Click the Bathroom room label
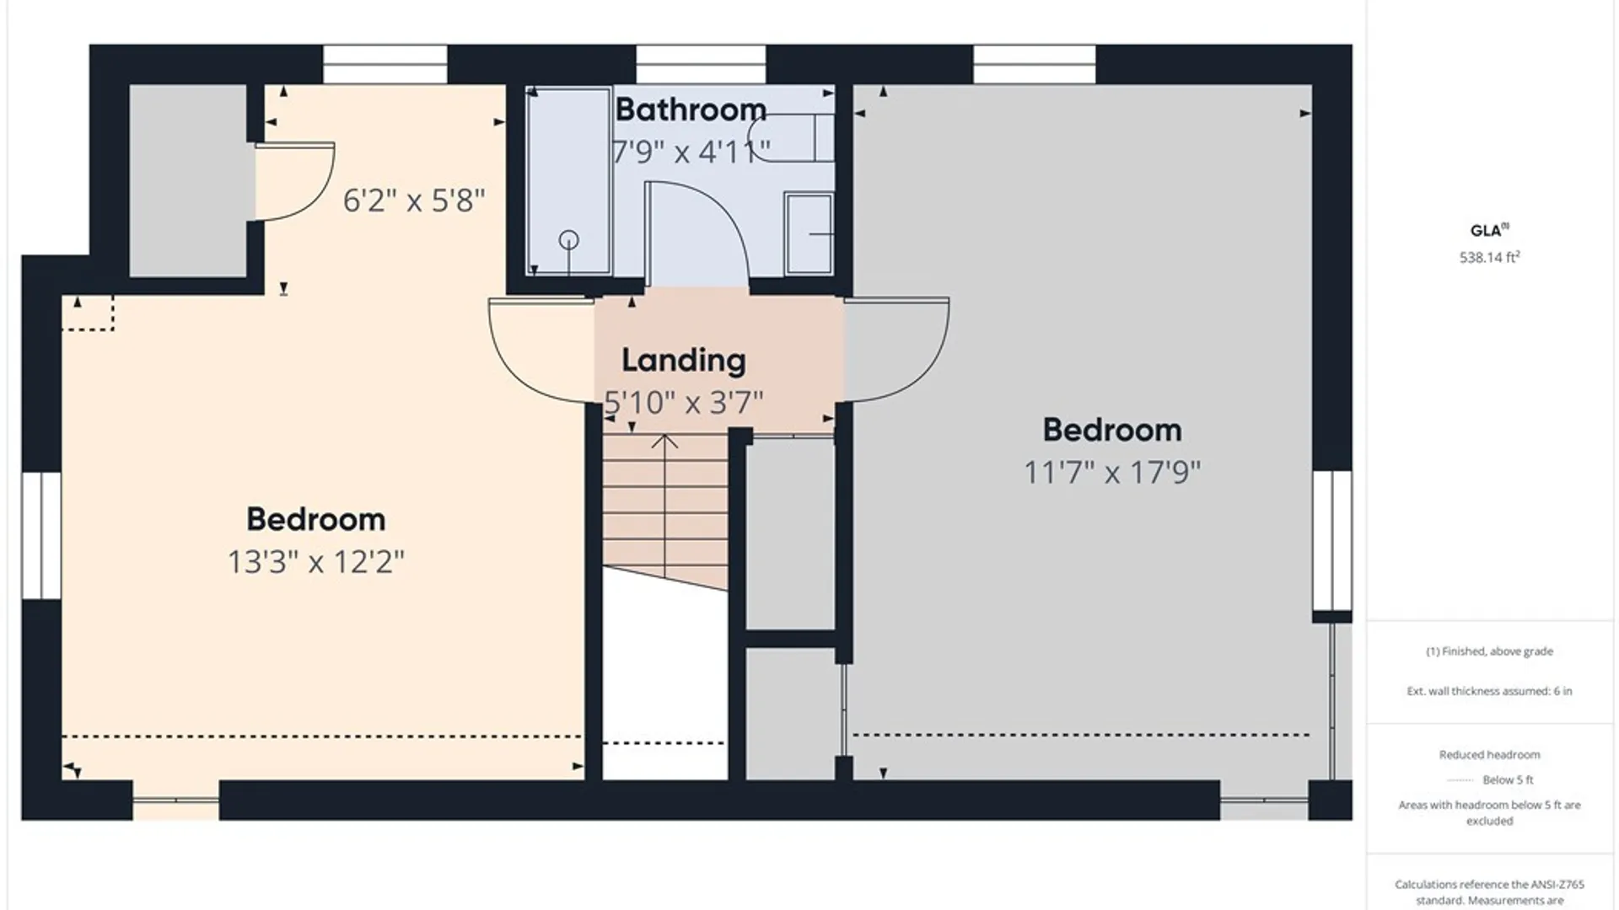click(691, 110)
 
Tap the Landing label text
click(684, 361)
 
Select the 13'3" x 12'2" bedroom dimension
click(316, 561)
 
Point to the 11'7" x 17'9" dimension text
click(1112, 472)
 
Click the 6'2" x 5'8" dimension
click(414, 201)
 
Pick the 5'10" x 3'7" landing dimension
click(684, 403)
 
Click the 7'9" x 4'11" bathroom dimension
click(691, 152)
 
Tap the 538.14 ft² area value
click(1489, 257)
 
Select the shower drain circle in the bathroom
click(569, 240)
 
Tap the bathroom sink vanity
click(809, 233)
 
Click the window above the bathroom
click(701, 64)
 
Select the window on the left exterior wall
click(40, 535)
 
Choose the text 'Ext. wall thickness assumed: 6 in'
click(1489, 691)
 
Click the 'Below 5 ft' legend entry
click(1508, 779)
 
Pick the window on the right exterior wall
click(1332, 540)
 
